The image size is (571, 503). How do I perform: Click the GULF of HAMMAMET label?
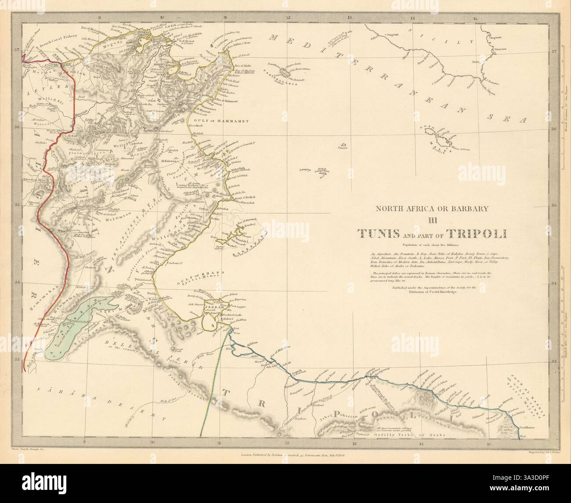click(222, 120)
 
